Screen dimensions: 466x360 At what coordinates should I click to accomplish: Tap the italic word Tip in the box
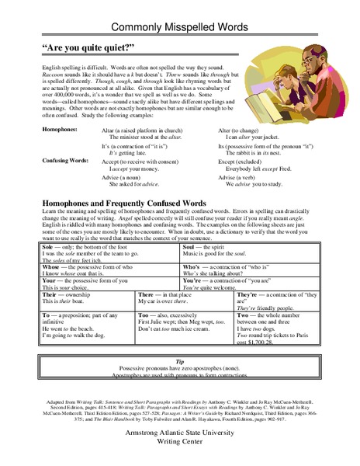pos(180,362)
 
